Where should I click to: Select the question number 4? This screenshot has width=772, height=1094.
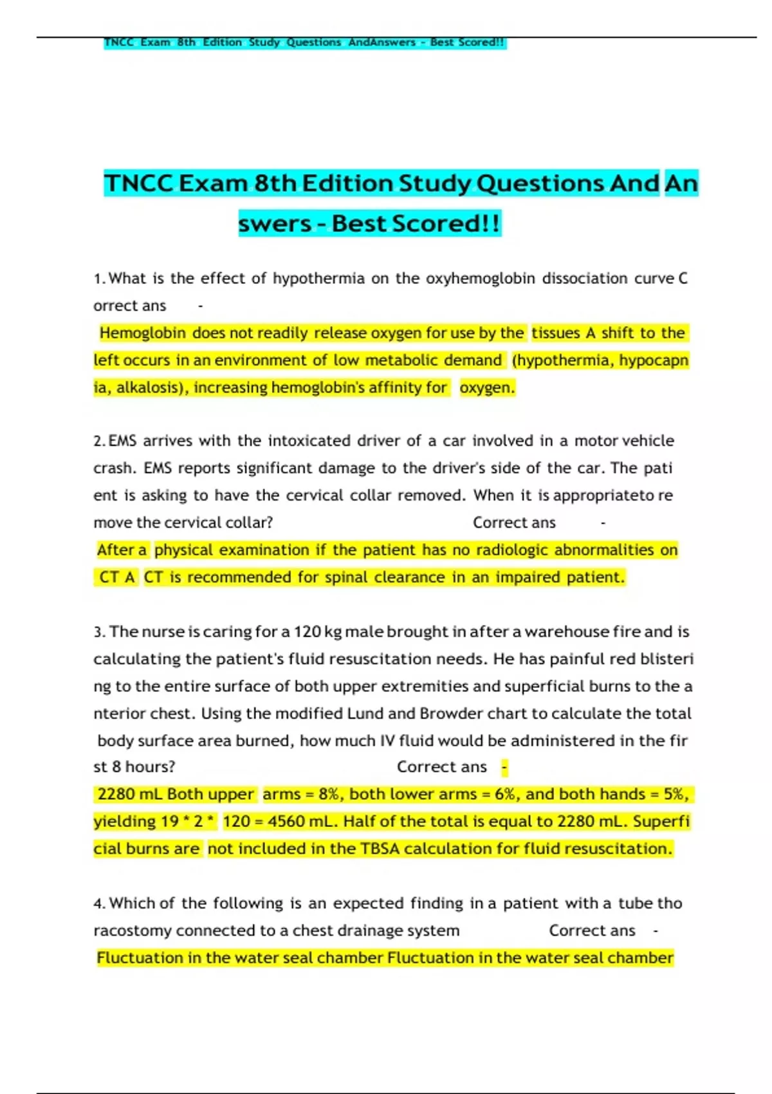[98, 904]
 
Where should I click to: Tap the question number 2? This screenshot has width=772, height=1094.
[98, 441]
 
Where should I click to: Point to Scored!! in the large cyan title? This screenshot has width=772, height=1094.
[445, 224]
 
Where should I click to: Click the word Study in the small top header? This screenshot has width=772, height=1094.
[264, 42]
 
